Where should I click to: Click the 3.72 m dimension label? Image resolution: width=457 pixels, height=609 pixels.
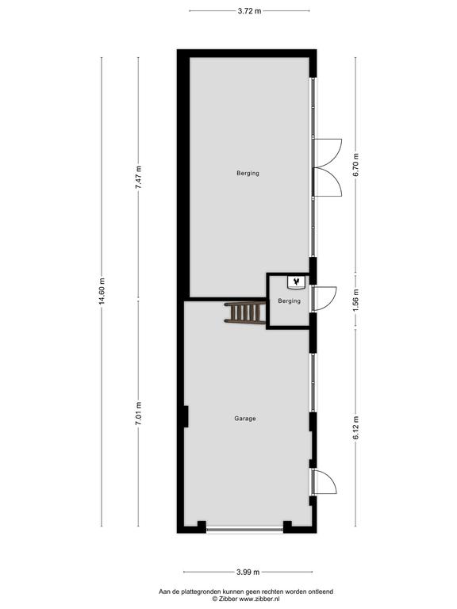point(249,11)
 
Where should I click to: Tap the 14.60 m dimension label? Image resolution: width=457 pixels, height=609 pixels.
point(102,291)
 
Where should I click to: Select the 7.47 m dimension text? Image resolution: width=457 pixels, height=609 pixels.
point(138,178)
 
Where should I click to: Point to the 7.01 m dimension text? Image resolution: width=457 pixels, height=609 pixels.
point(138,413)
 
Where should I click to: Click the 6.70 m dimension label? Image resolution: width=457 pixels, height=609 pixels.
point(355,165)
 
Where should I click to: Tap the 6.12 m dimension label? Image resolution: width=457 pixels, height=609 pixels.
point(355,427)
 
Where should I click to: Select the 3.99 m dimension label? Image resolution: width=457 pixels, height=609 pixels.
point(248,572)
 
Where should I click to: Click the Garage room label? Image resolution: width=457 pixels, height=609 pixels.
point(245,419)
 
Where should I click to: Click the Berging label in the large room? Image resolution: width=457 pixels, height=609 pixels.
point(248,173)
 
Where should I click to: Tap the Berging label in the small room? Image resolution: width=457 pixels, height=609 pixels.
point(289,301)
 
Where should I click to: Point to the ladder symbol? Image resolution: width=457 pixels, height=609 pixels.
point(245,312)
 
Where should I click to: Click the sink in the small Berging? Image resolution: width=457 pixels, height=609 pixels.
point(297,282)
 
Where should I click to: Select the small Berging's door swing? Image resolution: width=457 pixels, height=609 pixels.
point(324,299)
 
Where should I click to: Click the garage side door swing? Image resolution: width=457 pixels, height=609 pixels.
point(324,481)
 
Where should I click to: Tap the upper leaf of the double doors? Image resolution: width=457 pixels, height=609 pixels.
point(327,153)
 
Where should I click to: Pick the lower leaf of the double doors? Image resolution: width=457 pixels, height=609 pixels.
point(327,182)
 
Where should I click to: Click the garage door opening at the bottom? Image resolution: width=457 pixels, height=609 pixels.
point(245,529)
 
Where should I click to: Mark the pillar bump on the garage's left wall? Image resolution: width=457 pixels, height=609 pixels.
point(186,416)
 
